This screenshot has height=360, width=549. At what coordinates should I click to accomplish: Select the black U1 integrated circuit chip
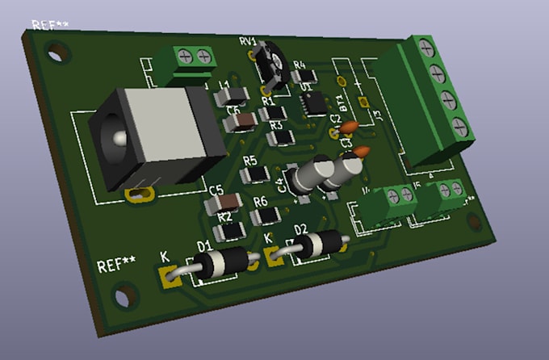point(313,103)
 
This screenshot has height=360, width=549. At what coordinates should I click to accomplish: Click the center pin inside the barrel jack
point(119,140)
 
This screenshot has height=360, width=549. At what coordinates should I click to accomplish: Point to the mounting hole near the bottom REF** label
point(121,296)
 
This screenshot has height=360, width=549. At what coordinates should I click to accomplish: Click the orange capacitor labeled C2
point(350,127)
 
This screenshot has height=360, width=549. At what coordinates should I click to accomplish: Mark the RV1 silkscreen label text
point(247,41)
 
